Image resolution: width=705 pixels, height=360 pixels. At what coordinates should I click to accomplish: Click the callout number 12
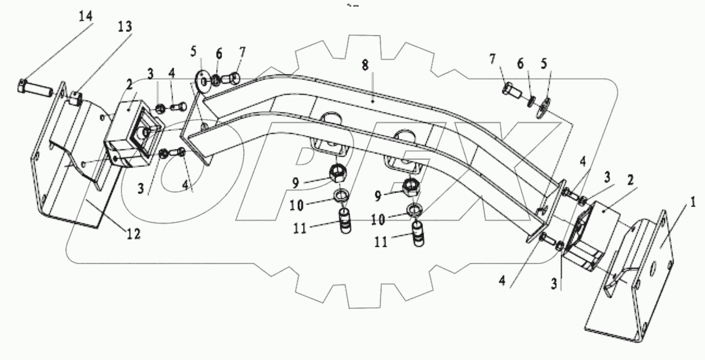click(134, 233)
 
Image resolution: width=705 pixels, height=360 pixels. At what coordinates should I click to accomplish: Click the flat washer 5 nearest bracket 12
click(201, 80)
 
